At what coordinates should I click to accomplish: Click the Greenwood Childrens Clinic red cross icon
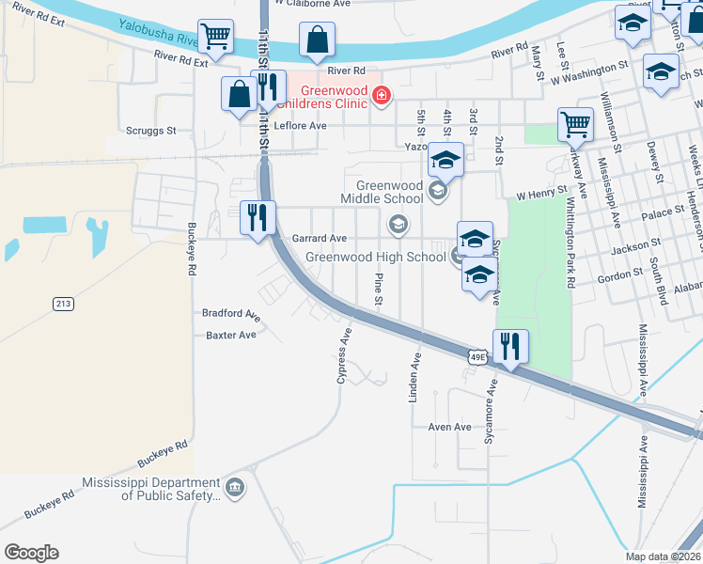(x=382, y=94)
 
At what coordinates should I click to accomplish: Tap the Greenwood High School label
(x=376, y=257)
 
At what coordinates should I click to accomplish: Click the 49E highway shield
(x=477, y=356)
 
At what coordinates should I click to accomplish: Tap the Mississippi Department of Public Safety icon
(x=235, y=487)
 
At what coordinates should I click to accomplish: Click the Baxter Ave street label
(x=231, y=335)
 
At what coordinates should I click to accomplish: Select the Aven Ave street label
(x=449, y=427)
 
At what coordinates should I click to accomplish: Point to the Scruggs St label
(x=150, y=132)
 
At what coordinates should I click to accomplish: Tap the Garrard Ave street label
(x=320, y=239)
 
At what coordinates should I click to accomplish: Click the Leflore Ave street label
(x=300, y=125)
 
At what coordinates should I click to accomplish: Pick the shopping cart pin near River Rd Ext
(x=216, y=39)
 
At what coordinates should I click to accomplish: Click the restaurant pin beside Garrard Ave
(x=257, y=218)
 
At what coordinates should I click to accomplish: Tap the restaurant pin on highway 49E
(x=510, y=346)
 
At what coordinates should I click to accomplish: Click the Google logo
(x=30, y=553)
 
